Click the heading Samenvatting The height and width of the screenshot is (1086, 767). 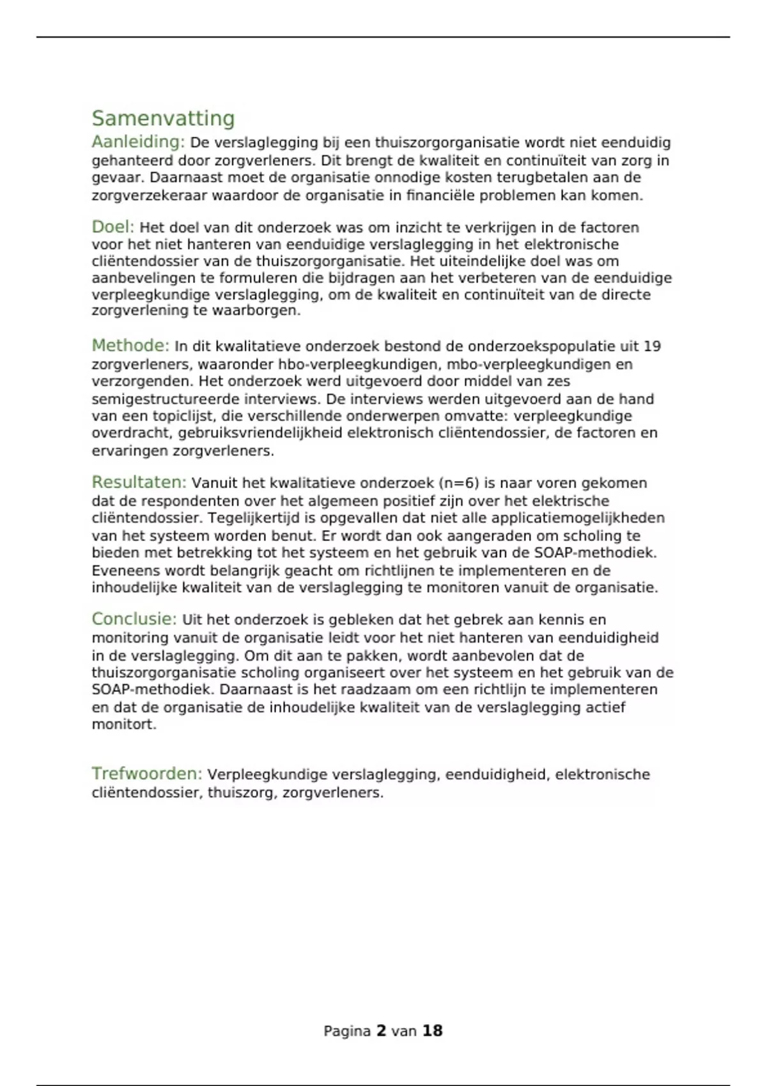163,118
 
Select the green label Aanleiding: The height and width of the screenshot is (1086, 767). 138,141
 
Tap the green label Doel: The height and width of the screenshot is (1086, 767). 113,227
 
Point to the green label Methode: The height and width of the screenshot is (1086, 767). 130,346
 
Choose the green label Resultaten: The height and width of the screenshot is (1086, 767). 139,482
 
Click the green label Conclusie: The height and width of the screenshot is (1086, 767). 134,619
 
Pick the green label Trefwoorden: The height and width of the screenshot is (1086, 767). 146,774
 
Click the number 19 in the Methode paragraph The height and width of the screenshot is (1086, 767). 652,346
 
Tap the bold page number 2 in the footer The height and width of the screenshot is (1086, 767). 381,1030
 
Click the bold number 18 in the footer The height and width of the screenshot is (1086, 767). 432,1030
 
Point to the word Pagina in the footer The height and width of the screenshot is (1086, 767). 347,1030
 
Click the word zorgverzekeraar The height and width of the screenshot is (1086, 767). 150,195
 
